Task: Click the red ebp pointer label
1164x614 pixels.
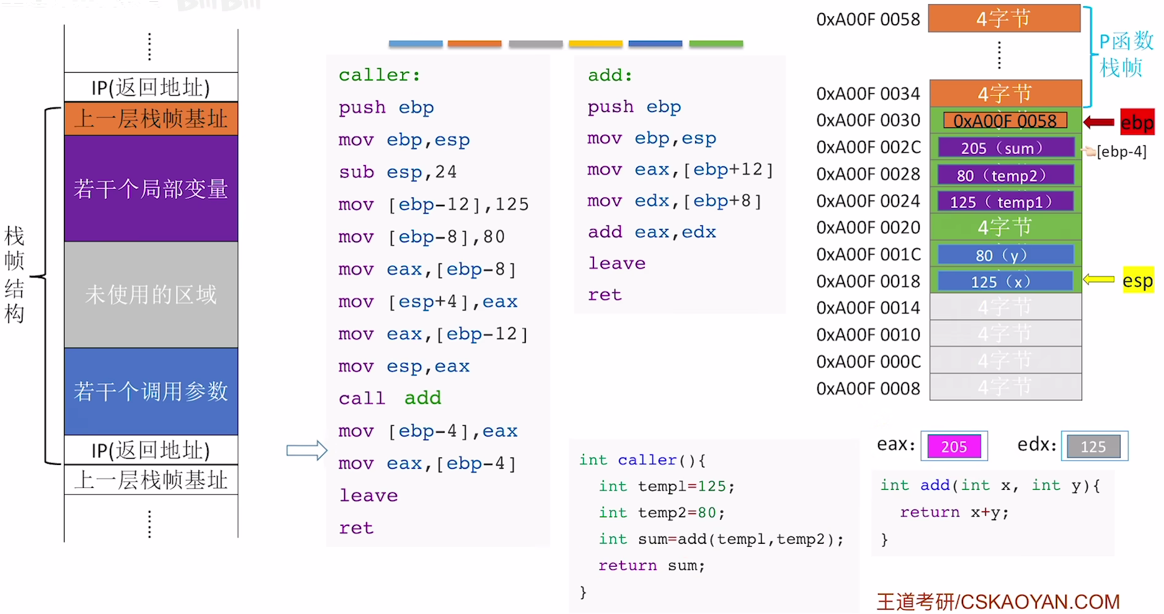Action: (1137, 122)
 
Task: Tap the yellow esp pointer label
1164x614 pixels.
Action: (1137, 281)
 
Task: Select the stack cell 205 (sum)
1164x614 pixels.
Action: (1005, 148)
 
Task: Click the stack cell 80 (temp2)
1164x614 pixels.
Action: (1005, 175)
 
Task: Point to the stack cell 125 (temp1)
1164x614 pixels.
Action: (1005, 202)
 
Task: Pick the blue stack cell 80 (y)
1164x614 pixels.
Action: (1005, 255)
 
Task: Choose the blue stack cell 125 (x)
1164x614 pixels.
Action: (1005, 281)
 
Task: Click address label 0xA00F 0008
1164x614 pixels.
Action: (868, 389)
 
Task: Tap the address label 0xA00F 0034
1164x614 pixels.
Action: (868, 94)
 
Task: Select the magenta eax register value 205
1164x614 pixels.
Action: (954, 446)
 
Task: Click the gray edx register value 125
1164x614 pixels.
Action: (1093, 446)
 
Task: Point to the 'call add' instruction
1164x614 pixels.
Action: (389, 398)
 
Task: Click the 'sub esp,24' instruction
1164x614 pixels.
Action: (398, 172)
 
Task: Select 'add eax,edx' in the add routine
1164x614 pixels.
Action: (652, 232)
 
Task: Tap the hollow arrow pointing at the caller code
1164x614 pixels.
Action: (306, 450)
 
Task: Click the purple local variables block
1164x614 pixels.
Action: (151, 188)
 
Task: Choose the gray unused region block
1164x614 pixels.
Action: (151, 294)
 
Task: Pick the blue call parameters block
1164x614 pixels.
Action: (151, 391)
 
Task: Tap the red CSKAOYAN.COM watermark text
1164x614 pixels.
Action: (998, 602)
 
